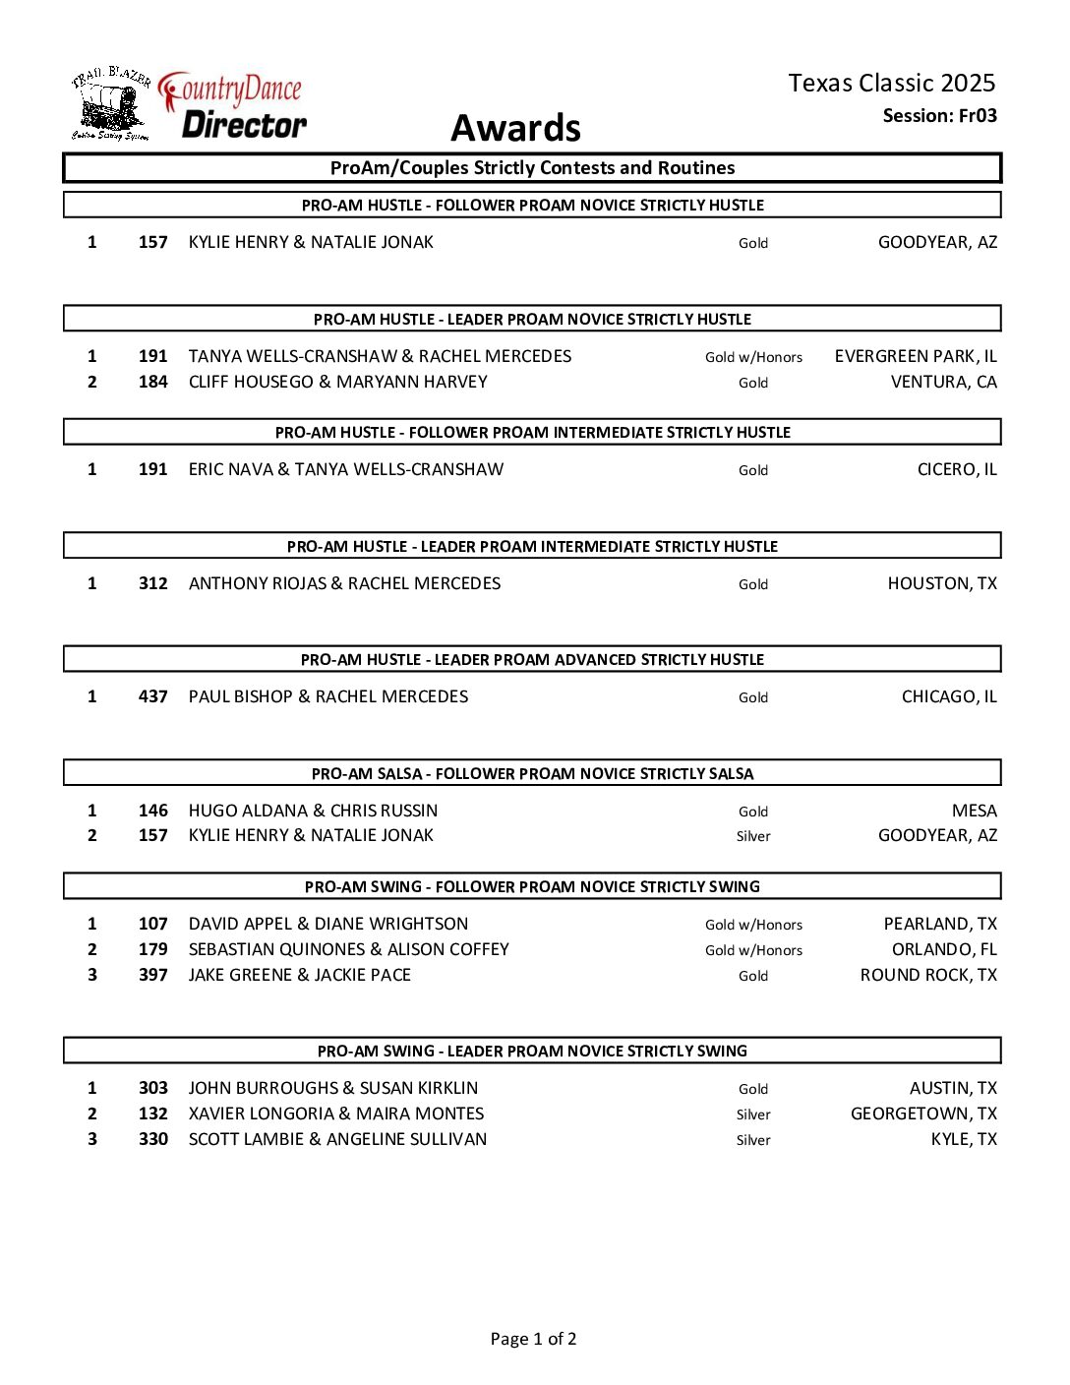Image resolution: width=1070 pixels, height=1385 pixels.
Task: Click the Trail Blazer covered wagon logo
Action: point(110,105)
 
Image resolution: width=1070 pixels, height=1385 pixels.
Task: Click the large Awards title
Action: point(515,128)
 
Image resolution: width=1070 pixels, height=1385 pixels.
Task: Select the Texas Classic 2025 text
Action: point(891,83)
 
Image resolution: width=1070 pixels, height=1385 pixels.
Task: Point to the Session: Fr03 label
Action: point(939,116)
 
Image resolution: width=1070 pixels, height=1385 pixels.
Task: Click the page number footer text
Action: point(533,1339)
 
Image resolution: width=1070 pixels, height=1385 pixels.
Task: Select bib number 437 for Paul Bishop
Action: point(152,696)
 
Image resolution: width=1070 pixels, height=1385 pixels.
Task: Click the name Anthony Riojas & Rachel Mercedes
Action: point(344,583)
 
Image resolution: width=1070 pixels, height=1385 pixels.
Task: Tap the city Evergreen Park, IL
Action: point(915,356)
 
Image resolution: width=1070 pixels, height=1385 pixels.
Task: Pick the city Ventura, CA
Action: point(943,382)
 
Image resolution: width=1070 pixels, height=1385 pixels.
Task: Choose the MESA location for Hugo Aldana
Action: point(974,811)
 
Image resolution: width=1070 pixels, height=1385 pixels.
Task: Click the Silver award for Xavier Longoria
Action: point(753,1114)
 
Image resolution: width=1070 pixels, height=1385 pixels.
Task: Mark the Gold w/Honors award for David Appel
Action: point(753,925)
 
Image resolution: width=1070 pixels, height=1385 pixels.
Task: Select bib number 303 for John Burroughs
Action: point(152,1088)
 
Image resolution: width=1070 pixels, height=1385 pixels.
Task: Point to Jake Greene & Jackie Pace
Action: point(299,975)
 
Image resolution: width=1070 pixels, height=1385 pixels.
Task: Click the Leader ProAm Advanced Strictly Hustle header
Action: point(532,659)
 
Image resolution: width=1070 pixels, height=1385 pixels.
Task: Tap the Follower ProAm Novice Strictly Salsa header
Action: point(532,773)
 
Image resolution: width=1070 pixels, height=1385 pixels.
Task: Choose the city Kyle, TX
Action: point(964,1139)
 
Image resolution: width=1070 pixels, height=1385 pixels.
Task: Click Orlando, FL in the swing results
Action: point(944,949)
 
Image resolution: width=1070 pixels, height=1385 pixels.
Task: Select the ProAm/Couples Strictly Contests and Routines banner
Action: point(532,168)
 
